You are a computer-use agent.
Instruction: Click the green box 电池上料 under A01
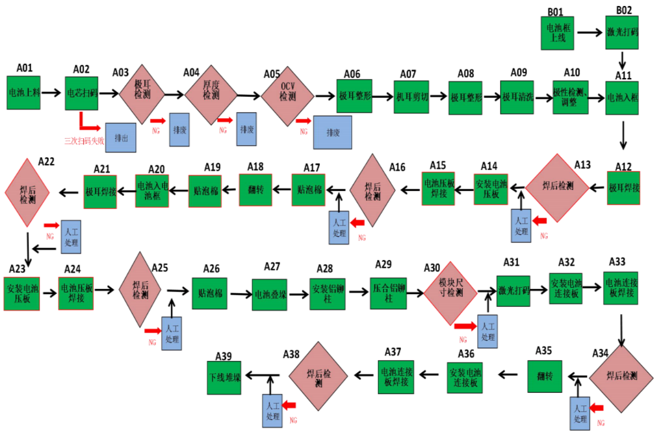tap(24, 92)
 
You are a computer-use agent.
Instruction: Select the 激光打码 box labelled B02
tap(623, 32)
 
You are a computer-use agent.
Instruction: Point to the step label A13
tap(582, 164)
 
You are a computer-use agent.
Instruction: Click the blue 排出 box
tap(121, 138)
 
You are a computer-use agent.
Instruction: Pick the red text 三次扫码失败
tap(84, 140)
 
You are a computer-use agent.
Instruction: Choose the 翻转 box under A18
tap(256, 189)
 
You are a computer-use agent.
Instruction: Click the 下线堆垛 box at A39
tap(224, 377)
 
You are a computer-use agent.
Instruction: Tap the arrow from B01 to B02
tap(589, 32)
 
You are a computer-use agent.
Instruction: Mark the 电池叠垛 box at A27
tap(269, 295)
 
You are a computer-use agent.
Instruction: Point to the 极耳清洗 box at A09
tap(517, 97)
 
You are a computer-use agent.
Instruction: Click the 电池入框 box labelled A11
tap(622, 97)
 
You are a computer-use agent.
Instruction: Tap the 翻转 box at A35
tap(545, 376)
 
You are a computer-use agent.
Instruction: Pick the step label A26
tap(212, 268)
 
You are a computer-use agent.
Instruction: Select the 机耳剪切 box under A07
tap(412, 96)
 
